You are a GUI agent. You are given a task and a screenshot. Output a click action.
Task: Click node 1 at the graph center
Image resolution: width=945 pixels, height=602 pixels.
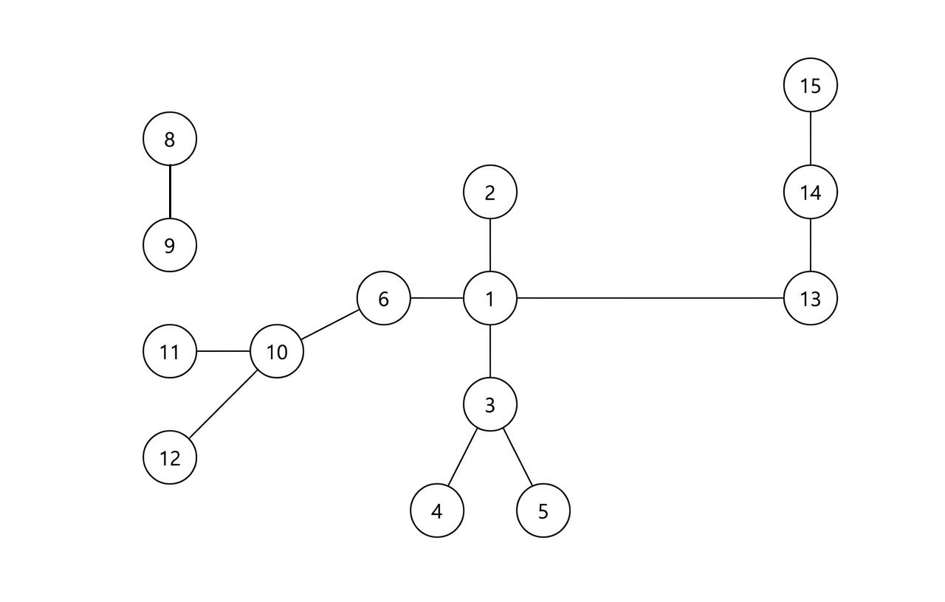[490, 299]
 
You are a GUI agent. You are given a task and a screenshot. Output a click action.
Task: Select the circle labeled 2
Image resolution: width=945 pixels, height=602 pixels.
[490, 193]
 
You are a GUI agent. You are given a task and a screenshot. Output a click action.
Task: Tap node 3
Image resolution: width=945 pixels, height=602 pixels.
[490, 405]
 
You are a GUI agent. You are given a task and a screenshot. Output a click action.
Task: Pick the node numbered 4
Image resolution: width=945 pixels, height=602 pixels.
[437, 511]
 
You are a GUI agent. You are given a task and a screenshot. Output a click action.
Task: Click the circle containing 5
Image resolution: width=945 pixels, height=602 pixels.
[543, 511]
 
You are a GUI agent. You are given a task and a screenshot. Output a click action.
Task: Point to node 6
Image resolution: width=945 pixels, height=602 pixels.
[383, 299]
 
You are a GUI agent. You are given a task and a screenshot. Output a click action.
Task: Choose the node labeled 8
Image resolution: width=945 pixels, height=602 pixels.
[170, 139]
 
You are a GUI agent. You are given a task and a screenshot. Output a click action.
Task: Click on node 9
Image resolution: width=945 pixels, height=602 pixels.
[170, 246]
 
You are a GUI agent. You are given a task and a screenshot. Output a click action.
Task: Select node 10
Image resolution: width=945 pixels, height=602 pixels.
[277, 352]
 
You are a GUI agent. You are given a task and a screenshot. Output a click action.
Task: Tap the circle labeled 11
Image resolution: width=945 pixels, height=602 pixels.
[170, 352]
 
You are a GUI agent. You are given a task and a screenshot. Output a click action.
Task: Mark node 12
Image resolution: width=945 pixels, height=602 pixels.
[170, 458]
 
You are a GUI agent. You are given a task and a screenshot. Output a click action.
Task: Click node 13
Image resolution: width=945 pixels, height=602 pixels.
[810, 299]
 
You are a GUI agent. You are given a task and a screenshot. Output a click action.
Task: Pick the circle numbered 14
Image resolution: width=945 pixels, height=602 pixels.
[810, 193]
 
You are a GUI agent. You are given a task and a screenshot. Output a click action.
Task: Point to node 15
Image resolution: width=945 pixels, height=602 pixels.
[810, 86]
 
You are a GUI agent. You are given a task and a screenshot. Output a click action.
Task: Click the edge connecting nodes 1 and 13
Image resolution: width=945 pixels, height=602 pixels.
[650, 298]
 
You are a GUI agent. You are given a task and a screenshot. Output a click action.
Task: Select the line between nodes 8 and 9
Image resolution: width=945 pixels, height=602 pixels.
[170, 192]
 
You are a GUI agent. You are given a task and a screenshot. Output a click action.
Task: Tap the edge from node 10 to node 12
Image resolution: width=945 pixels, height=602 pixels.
[223, 405]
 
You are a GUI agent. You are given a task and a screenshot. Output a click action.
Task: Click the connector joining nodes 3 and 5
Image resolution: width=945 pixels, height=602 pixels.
[518, 457]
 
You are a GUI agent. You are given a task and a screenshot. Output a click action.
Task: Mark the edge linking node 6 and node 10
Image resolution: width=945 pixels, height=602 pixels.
[330, 325]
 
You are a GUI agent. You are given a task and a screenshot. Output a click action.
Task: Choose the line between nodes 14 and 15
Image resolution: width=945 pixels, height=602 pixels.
[811, 139]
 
